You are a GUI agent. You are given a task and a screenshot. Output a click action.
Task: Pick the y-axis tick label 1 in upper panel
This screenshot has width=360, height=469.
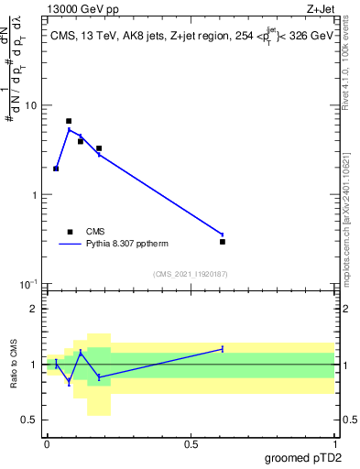coord(34,195)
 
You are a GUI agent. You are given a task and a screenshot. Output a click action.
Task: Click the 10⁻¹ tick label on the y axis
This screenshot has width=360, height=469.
coord(28,284)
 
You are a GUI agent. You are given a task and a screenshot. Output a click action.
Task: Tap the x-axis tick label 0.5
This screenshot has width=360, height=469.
coord(191,443)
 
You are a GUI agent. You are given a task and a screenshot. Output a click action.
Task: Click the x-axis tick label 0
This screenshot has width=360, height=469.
coord(46,443)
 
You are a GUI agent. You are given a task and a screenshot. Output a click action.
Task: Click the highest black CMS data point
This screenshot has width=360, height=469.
coord(69,121)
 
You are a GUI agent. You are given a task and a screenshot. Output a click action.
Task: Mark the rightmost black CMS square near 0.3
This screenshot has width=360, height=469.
coord(223,242)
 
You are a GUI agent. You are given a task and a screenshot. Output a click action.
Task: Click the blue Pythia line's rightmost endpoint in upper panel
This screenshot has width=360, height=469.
coord(223,234)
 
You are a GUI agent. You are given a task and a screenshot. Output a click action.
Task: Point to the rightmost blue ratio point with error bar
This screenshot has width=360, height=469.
coord(223,349)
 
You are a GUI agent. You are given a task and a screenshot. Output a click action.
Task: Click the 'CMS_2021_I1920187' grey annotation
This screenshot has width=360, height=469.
coord(190,273)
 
